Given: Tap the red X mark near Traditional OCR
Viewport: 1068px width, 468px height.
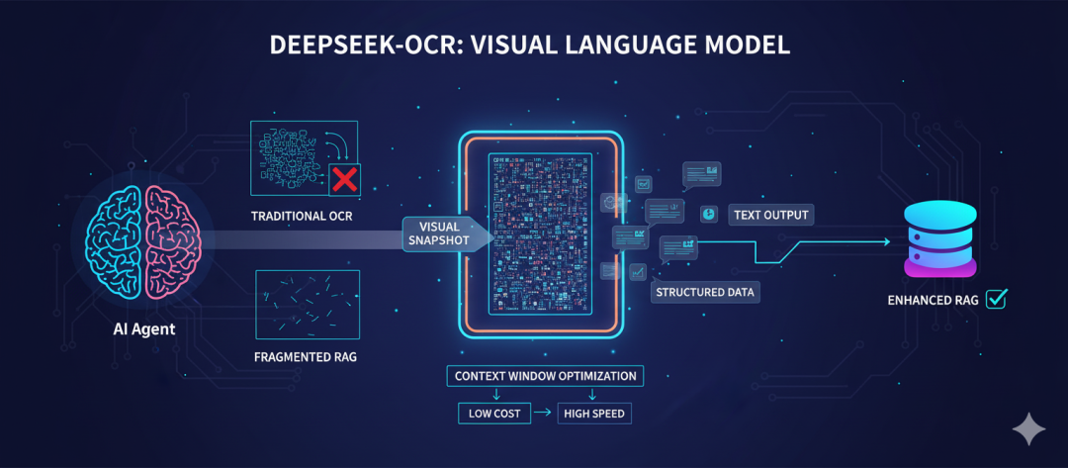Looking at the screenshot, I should (x=344, y=179).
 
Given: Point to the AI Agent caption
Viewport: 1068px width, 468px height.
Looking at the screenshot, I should (x=144, y=328).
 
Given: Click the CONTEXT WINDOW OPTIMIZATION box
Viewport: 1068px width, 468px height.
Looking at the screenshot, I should (x=546, y=376).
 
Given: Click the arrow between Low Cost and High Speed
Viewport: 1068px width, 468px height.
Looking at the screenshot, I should (x=545, y=412).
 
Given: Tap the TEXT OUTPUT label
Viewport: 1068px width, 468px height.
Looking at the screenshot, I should (x=771, y=215).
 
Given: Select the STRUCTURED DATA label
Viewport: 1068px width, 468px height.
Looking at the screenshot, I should (x=705, y=292).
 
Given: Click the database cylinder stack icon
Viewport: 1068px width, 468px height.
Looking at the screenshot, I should (x=939, y=236).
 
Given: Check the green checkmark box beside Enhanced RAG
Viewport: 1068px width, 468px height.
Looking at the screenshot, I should (x=996, y=298).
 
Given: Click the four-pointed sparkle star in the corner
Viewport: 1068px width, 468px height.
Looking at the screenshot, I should (x=1028, y=428).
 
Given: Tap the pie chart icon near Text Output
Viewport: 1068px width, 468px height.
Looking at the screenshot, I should (x=709, y=214).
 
